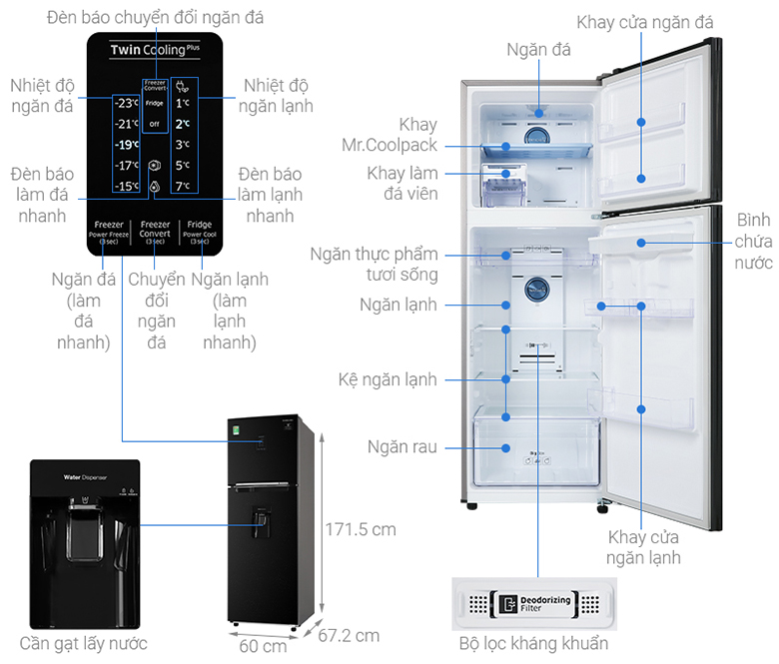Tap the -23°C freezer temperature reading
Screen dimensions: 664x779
pyautogui.click(x=126, y=102)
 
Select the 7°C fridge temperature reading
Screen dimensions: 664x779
pyautogui.click(x=184, y=186)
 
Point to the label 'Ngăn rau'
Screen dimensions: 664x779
pyautogui.click(x=401, y=447)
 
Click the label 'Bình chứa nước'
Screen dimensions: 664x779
pyautogui.click(x=754, y=241)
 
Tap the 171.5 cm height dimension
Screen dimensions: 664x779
pyautogui.click(x=361, y=529)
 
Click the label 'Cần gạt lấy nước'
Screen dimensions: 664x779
pyautogui.click(x=83, y=643)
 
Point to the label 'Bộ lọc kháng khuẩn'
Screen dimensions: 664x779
pyautogui.click(x=533, y=643)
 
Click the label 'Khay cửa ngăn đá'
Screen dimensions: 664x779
pyautogui.click(x=658, y=22)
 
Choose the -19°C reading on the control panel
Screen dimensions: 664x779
pyautogui.click(x=126, y=144)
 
